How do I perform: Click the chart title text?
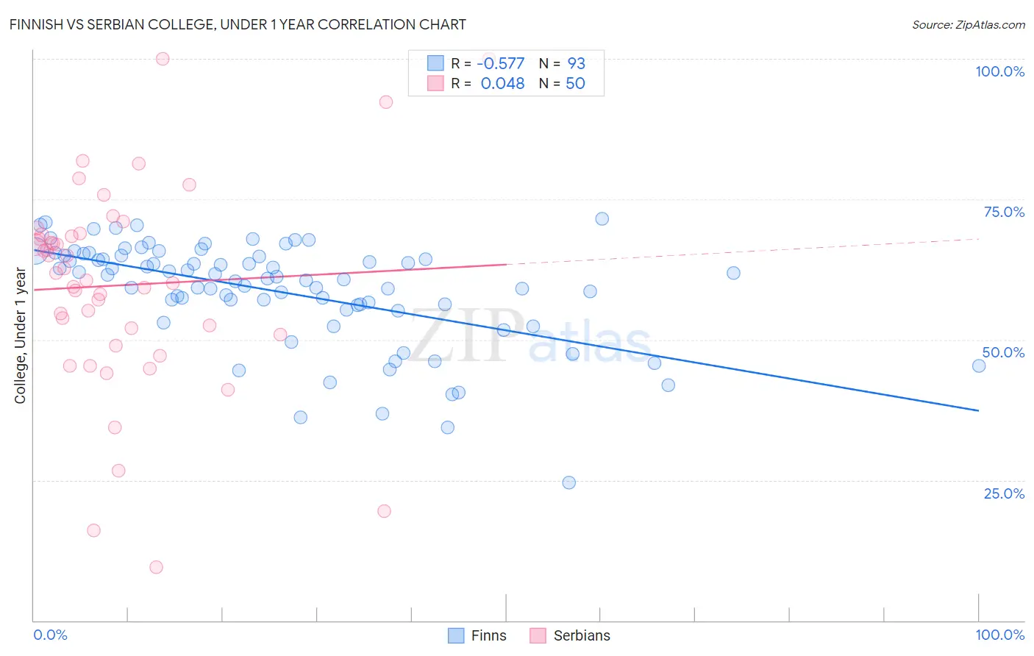tap(238, 24)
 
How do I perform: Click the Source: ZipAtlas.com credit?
tap(968, 25)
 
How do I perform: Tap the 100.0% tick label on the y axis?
tap(999, 71)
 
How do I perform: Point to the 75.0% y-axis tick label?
tap(1004, 212)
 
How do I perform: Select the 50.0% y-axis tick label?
tap(1003, 352)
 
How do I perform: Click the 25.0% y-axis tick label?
tap(1004, 493)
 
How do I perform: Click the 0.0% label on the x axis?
tap(50, 635)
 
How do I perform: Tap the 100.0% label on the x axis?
tap(999, 635)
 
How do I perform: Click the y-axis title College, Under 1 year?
tap(21, 335)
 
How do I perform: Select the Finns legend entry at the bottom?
tap(478, 635)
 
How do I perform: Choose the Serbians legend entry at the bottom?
tap(571, 635)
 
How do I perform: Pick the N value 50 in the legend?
tap(575, 83)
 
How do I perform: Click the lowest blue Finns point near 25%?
tap(568, 482)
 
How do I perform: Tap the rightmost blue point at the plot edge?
tap(978, 366)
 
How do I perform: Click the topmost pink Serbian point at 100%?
tap(163, 59)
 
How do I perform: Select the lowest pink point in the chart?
tap(156, 567)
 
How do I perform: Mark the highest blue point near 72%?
tap(602, 218)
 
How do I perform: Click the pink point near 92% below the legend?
tap(385, 102)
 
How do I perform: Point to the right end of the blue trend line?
tap(978, 410)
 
